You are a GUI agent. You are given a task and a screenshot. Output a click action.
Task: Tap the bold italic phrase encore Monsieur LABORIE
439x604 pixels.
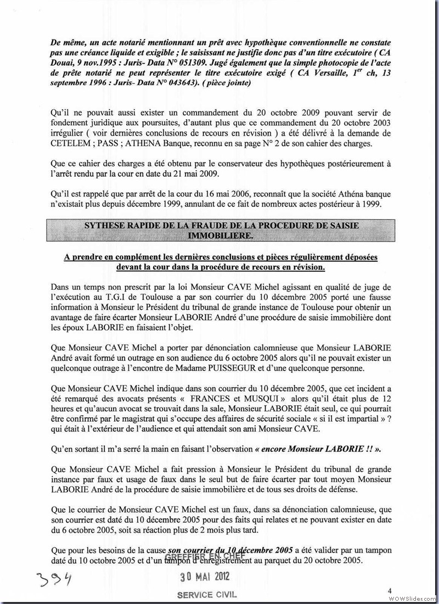click(318, 449)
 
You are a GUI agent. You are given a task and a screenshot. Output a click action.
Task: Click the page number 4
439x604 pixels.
click(389, 590)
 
